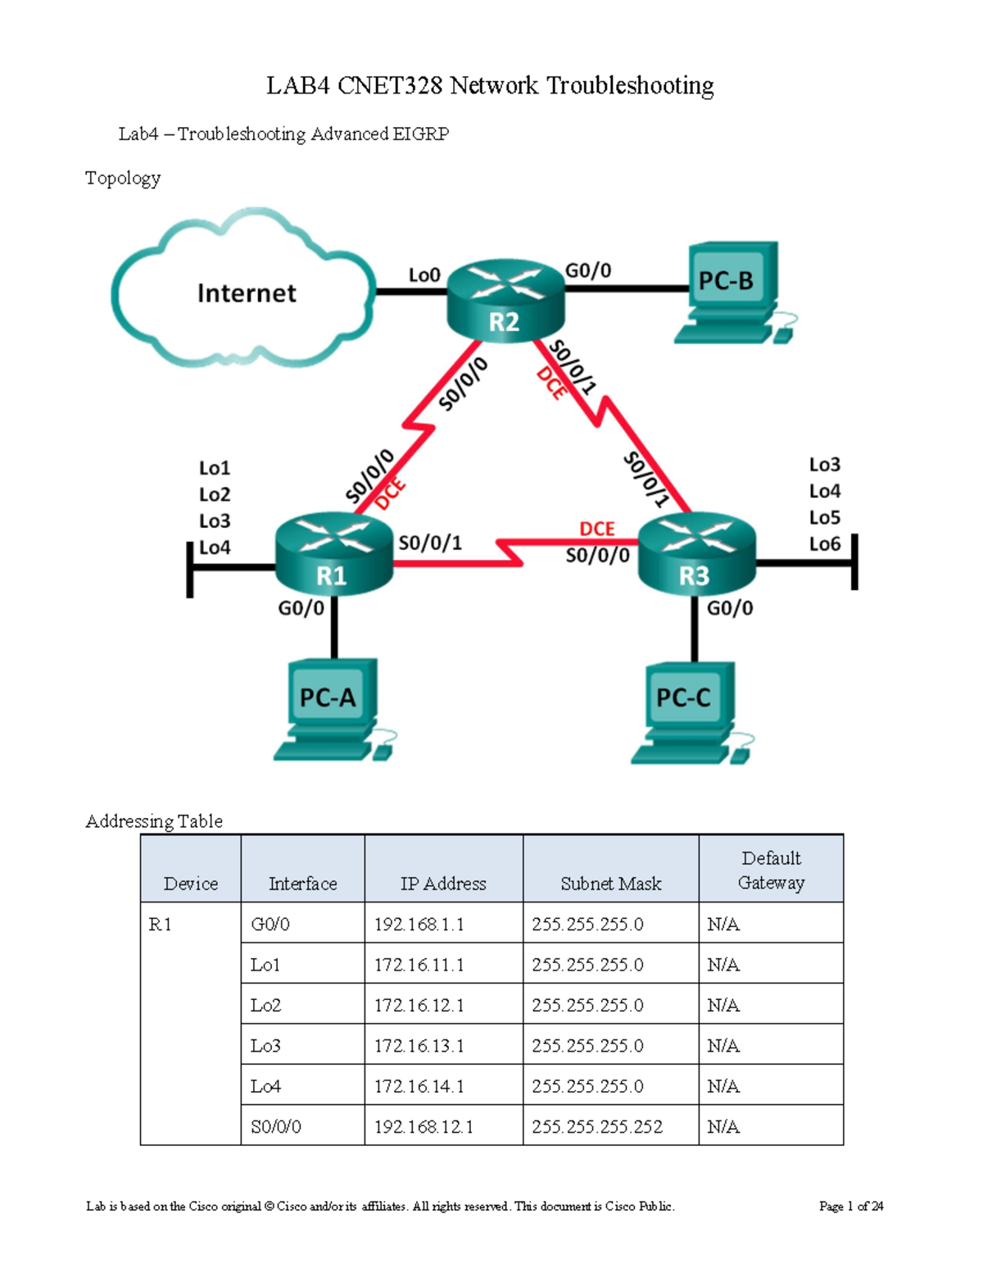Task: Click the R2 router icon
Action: click(x=505, y=302)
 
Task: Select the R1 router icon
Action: click(x=333, y=554)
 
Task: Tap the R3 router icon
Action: click(x=696, y=554)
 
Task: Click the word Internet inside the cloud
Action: click(x=247, y=293)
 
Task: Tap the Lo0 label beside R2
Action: click(x=424, y=275)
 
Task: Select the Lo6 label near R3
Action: click(x=824, y=544)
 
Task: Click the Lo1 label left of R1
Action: click(x=215, y=468)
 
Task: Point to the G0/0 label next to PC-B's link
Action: click(x=588, y=271)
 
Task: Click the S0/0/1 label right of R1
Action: click(x=430, y=543)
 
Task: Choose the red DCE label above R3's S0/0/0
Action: click(x=596, y=530)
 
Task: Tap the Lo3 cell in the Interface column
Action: click(x=265, y=1046)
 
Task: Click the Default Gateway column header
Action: click(x=771, y=871)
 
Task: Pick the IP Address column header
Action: click(x=443, y=884)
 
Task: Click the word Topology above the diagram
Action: click(x=123, y=178)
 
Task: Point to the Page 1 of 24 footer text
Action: click(x=851, y=1206)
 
